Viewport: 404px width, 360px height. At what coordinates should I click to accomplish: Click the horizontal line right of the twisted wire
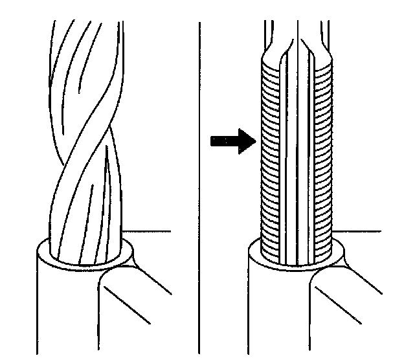[149, 231]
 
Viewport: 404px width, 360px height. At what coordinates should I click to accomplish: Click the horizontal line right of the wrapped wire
[363, 231]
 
